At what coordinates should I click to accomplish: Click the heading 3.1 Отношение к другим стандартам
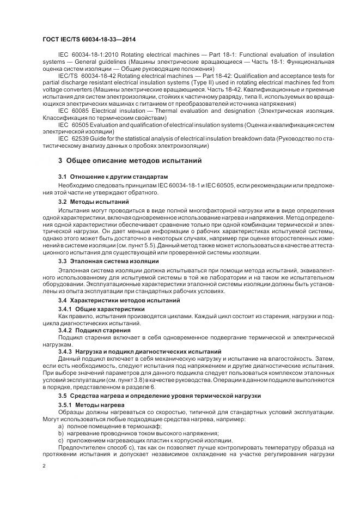tap(113, 178)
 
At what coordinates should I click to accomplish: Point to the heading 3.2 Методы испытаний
tap(93, 202)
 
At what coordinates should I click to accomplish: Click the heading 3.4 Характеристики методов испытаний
tap(119, 301)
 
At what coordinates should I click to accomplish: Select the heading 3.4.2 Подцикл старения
tap(94, 330)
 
